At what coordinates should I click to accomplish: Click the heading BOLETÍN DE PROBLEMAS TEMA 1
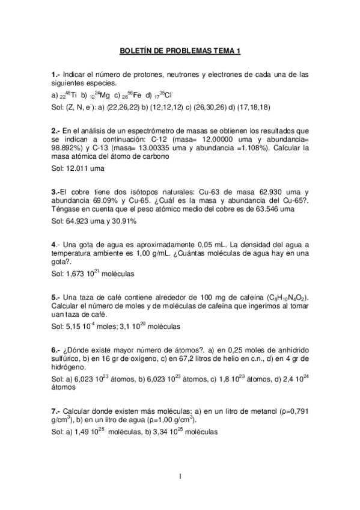(x=180, y=52)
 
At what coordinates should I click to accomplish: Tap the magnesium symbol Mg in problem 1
(x=104, y=95)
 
